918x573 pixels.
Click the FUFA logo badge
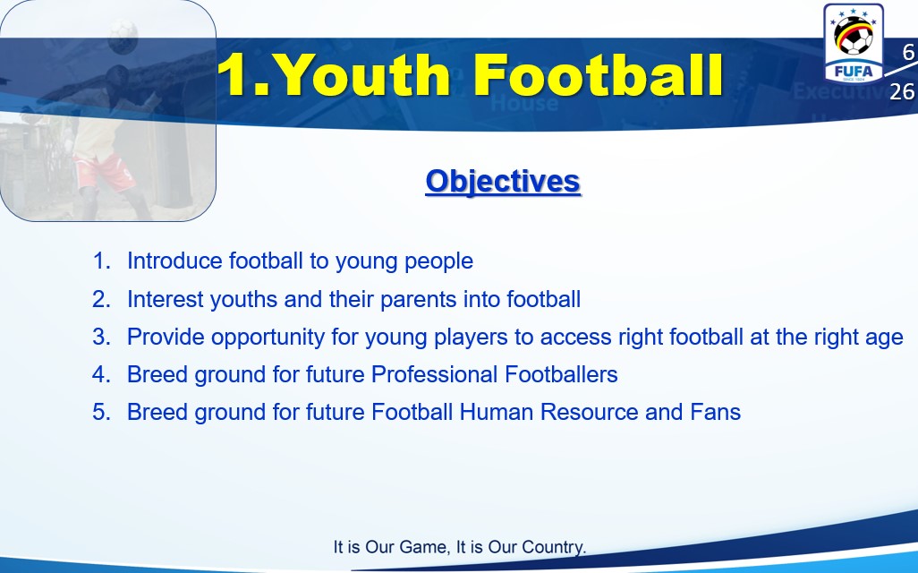pyautogui.click(x=853, y=43)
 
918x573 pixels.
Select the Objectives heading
pyautogui.click(x=503, y=181)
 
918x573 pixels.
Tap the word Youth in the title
pyautogui.click(x=361, y=74)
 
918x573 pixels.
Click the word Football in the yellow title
pyautogui.click(x=599, y=74)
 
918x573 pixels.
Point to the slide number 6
pyautogui.click(x=908, y=52)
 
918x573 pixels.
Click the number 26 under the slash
pyautogui.click(x=902, y=91)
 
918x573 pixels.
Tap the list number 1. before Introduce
pyautogui.click(x=102, y=261)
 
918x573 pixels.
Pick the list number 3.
pyautogui.click(x=101, y=337)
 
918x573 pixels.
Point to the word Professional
pyautogui.click(x=434, y=374)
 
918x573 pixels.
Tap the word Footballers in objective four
pyautogui.click(x=561, y=374)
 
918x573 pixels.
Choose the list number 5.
pyautogui.click(x=101, y=412)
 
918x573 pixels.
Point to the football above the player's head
pyautogui.click(x=123, y=37)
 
